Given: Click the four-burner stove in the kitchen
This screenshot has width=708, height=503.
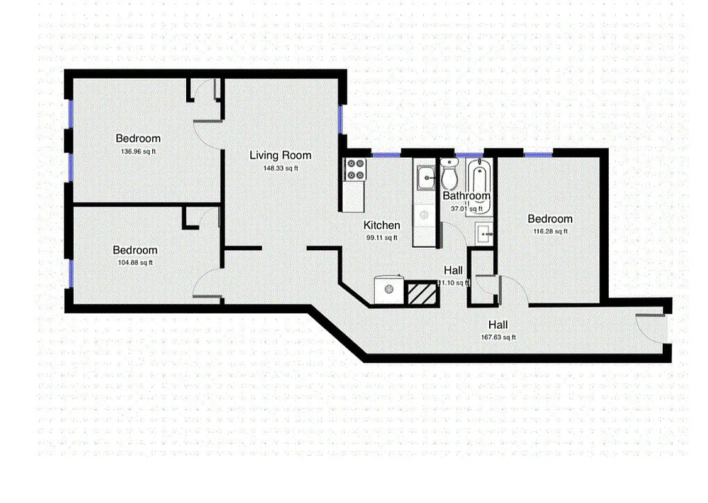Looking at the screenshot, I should click(x=355, y=170).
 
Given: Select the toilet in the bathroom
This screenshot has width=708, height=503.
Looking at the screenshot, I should click(x=450, y=176).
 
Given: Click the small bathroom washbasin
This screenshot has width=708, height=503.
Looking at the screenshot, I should click(x=484, y=233).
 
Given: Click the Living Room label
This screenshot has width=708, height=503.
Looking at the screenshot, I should click(x=280, y=155).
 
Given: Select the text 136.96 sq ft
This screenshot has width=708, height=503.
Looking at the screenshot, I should click(x=138, y=152).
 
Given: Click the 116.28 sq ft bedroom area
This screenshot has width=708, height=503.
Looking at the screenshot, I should click(x=550, y=231).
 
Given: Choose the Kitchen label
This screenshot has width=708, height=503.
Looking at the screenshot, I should click(x=382, y=225).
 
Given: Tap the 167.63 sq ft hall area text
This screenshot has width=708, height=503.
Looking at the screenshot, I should click(x=499, y=337).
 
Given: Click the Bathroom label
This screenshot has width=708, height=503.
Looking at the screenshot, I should click(x=467, y=196).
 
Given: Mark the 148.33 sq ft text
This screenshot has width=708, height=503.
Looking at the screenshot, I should click(x=281, y=168).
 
